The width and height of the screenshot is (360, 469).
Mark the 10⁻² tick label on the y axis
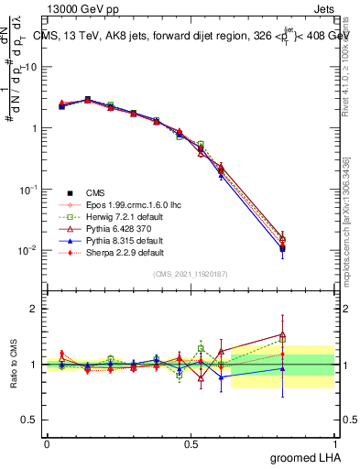28,250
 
